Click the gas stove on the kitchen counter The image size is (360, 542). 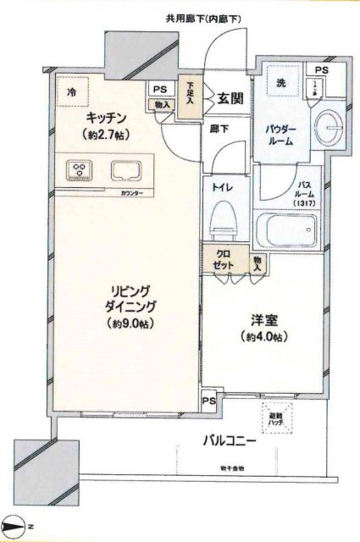click(x=80, y=170)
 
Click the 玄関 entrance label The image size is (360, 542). click(x=230, y=99)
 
